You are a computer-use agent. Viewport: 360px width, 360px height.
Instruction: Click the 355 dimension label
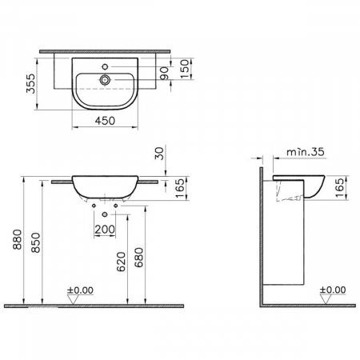[x=31, y=83]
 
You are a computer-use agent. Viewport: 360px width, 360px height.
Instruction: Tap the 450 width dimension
[x=106, y=121]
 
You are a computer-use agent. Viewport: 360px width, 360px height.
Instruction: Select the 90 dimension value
[x=165, y=74]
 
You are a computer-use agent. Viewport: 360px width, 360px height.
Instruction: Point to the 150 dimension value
[x=185, y=69]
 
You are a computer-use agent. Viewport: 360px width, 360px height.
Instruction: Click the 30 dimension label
[x=159, y=154]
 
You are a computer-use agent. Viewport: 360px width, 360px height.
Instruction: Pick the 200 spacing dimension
[x=105, y=229]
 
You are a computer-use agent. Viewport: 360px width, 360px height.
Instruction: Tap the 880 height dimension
[x=18, y=239]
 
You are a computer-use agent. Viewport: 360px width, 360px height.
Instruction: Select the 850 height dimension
[x=36, y=242]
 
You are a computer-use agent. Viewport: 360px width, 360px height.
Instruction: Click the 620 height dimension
[x=121, y=262]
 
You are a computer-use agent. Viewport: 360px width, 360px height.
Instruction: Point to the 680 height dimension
[x=139, y=258]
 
